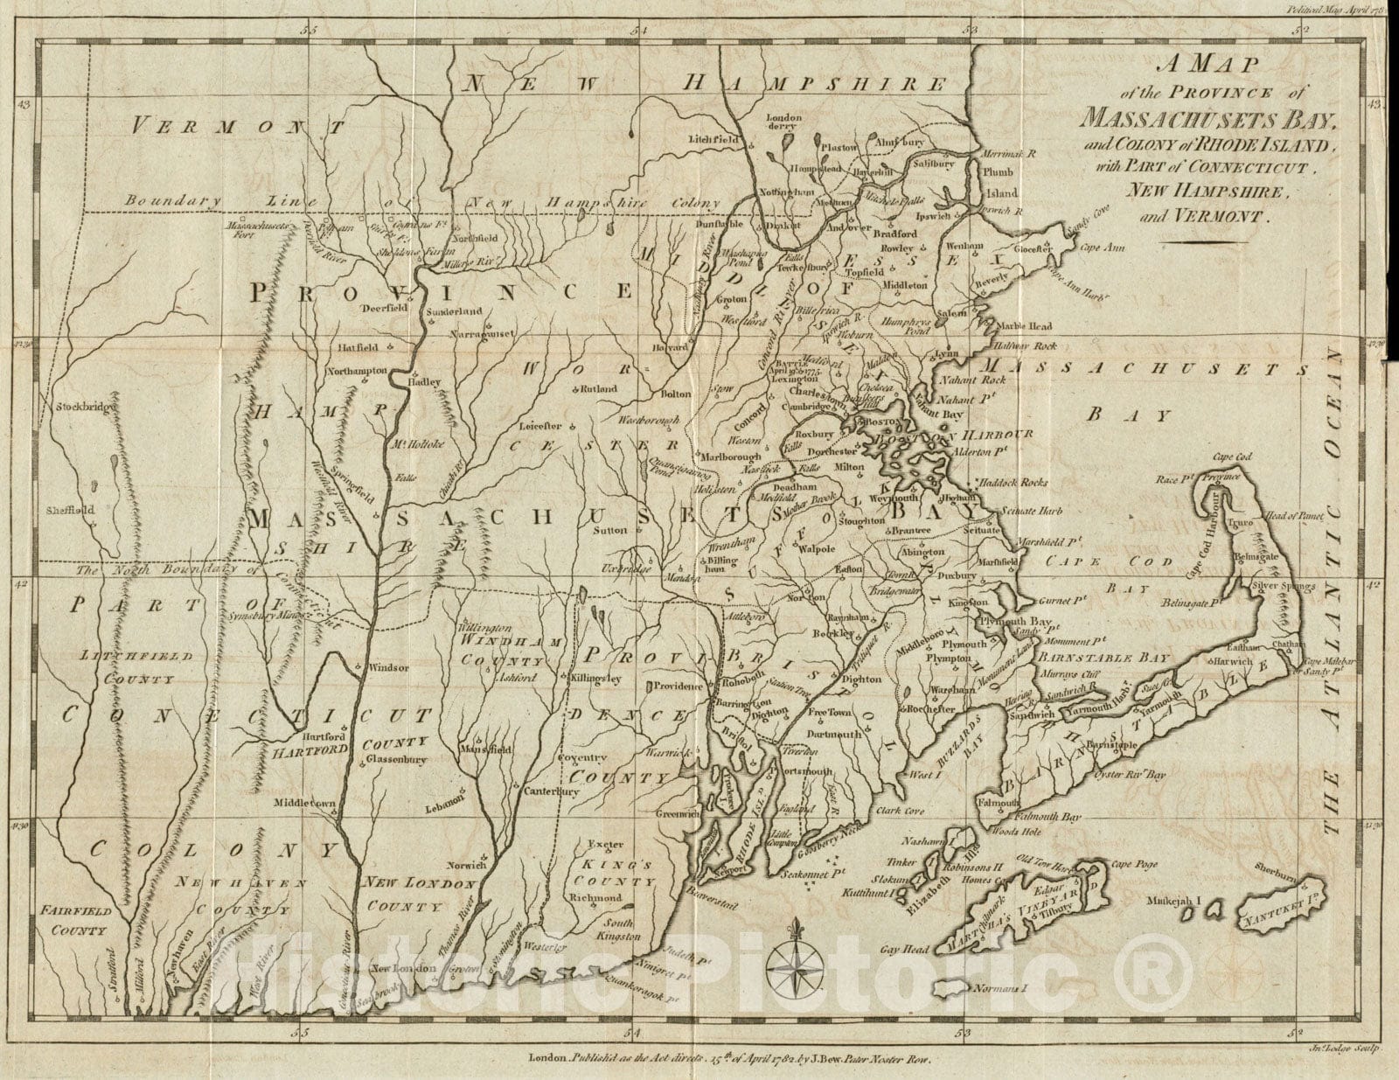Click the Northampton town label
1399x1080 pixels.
point(357,371)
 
